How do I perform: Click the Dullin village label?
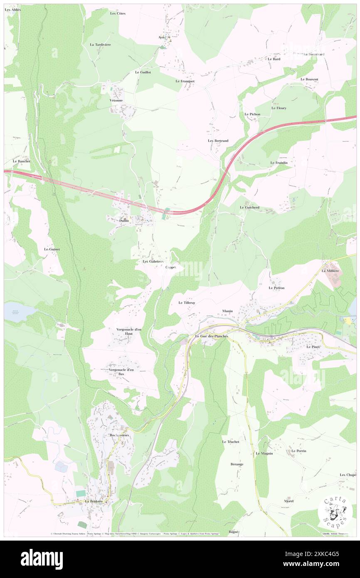(x=124, y=220)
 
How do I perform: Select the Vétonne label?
(x=116, y=101)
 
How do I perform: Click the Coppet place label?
(x=171, y=267)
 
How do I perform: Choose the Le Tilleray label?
(x=187, y=303)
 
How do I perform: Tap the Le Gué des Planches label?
(x=212, y=336)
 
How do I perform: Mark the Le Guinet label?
(x=52, y=249)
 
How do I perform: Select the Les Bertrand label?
(x=218, y=141)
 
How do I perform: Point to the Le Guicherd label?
(x=249, y=207)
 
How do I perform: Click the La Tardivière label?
(x=100, y=44)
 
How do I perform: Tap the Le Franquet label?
(x=185, y=81)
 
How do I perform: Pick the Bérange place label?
(x=237, y=464)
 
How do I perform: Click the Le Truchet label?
(x=230, y=442)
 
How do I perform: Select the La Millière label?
(x=330, y=271)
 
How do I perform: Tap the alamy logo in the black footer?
(x=42, y=559)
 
